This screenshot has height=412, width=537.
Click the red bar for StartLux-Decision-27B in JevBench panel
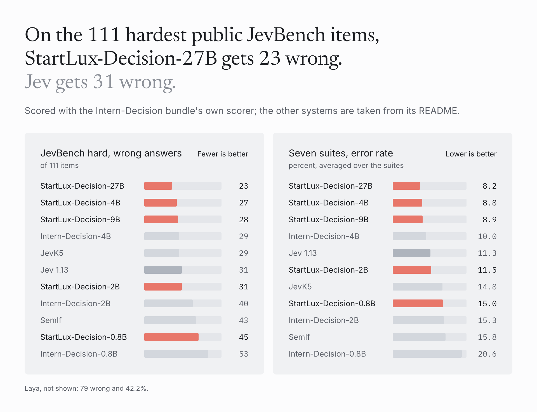click(158, 186)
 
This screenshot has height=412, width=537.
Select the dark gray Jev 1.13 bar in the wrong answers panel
click(163, 270)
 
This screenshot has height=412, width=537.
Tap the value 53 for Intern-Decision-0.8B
click(244, 354)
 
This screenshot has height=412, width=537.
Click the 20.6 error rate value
click(487, 354)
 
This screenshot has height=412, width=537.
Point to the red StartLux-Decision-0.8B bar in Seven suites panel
click(418, 303)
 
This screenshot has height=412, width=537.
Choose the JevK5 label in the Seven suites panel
click(300, 287)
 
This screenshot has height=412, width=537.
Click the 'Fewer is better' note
click(223, 154)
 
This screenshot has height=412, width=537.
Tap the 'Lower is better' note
click(471, 154)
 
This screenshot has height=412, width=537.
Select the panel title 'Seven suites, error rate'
click(341, 153)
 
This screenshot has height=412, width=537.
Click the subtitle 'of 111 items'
click(59, 165)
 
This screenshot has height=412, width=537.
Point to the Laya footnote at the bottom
click(86, 388)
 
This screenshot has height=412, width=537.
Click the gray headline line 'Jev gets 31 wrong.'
click(100, 82)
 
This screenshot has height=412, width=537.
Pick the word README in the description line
click(438, 111)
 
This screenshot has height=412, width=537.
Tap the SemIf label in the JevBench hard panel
click(51, 320)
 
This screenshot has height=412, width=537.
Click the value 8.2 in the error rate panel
click(489, 186)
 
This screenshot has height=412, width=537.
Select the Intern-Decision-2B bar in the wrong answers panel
click(168, 303)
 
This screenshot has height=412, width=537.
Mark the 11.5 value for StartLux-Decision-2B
click(487, 270)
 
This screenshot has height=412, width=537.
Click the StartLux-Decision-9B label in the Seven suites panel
click(328, 219)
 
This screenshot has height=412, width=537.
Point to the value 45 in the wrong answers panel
click(244, 337)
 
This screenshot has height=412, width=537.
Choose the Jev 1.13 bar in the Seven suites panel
click(411, 253)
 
